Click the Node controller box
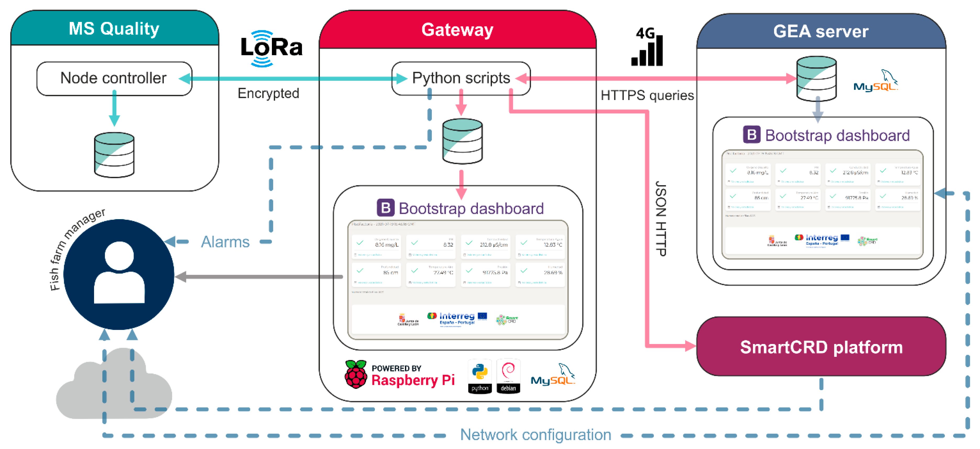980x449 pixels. pyautogui.click(x=114, y=78)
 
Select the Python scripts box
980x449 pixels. pyautogui.click(x=461, y=78)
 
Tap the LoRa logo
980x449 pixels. pyautogui.click(x=271, y=48)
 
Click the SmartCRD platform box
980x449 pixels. pyautogui.click(x=821, y=347)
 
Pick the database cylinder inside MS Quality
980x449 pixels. pyautogui.click(x=114, y=155)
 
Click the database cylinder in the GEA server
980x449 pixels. pyautogui.click(x=817, y=79)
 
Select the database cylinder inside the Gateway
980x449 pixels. pyautogui.click(x=462, y=141)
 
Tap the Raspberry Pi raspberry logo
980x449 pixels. pyautogui.click(x=356, y=374)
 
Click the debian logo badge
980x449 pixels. pyautogui.click(x=508, y=376)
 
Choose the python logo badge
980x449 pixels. pyautogui.click(x=480, y=376)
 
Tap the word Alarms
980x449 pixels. pyautogui.click(x=225, y=242)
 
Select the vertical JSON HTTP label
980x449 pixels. pyautogui.click(x=661, y=218)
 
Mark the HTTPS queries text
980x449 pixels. pyautogui.click(x=647, y=95)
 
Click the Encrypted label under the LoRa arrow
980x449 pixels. pyautogui.click(x=268, y=93)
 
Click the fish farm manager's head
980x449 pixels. pyautogui.click(x=119, y=256)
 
